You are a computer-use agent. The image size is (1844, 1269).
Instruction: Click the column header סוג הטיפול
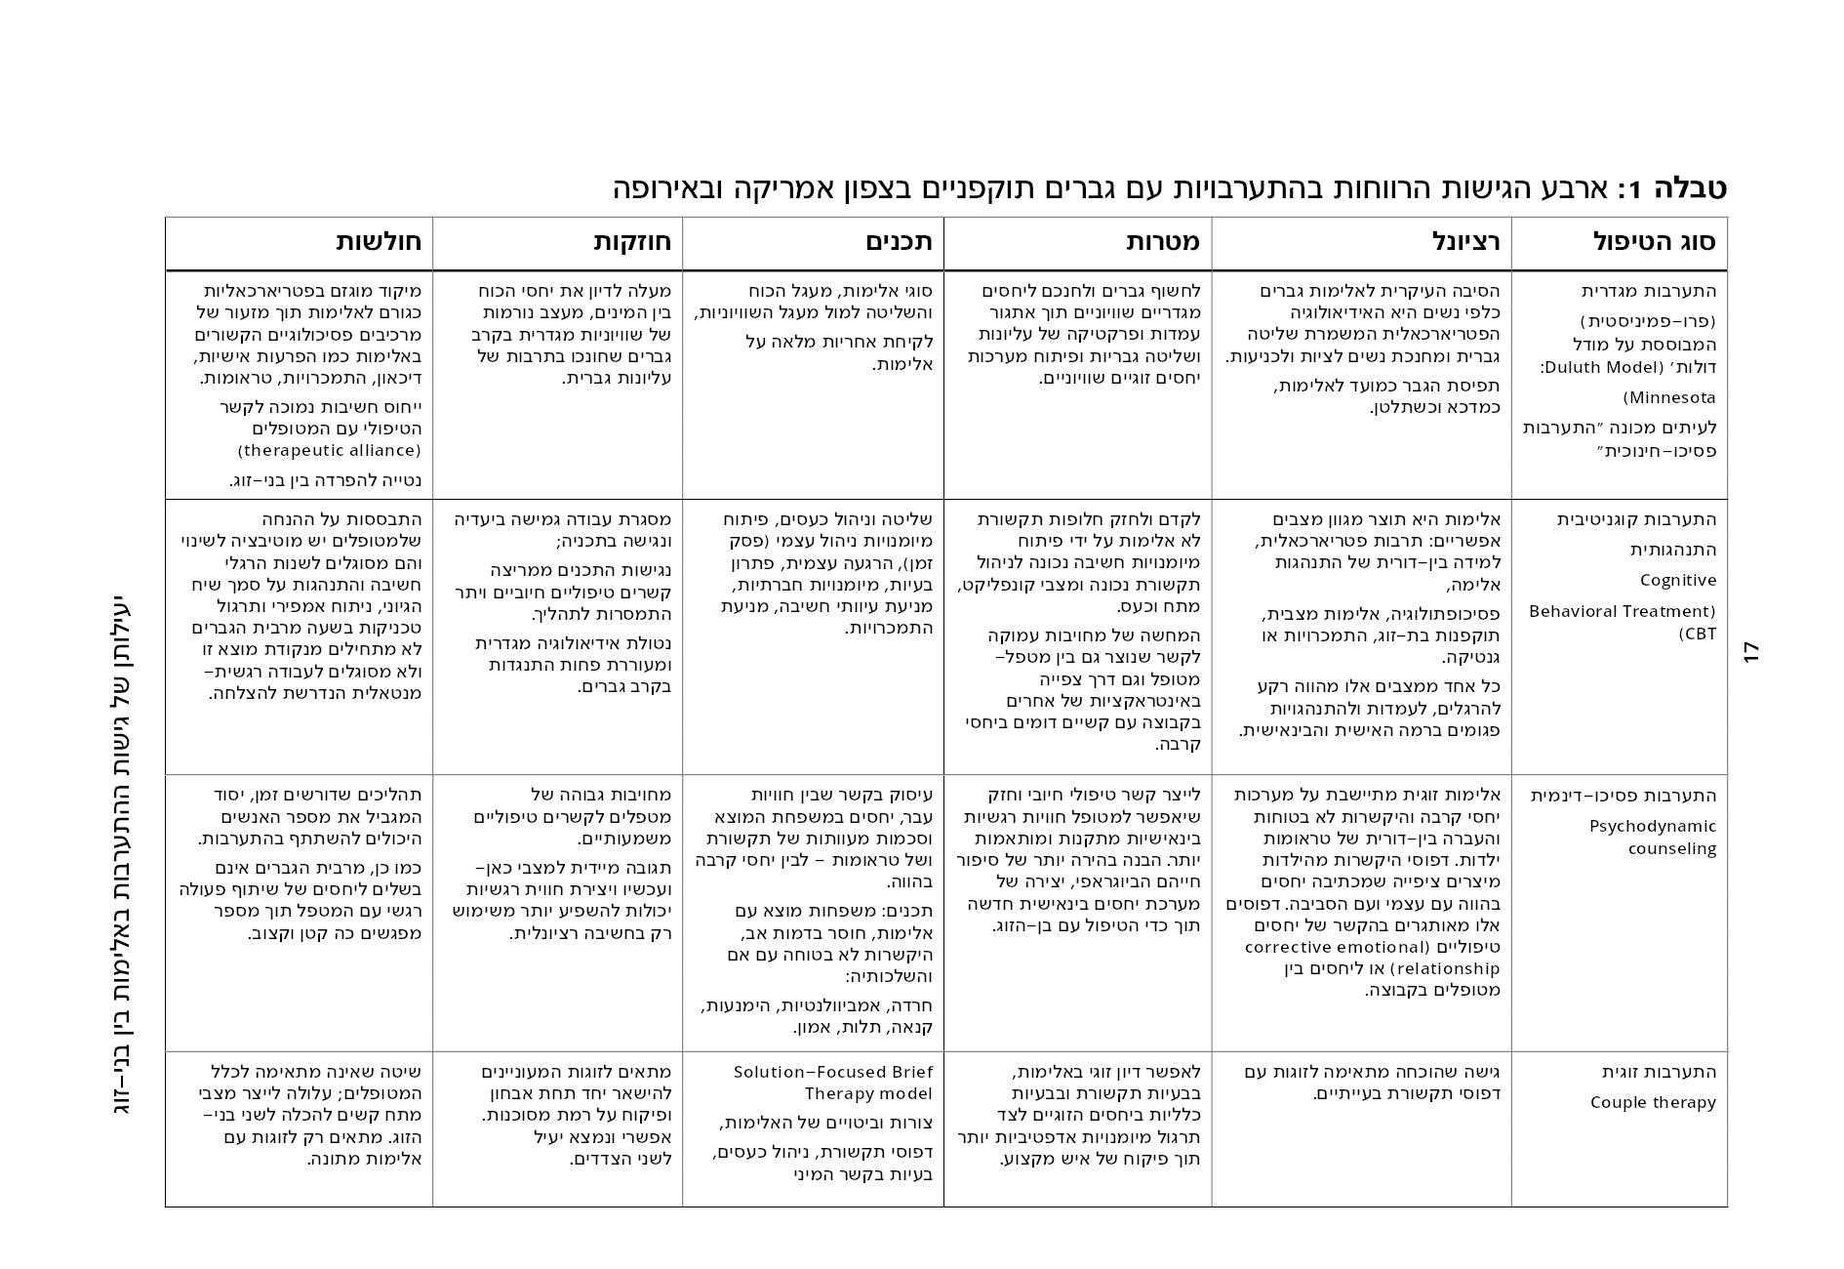(1654, 242)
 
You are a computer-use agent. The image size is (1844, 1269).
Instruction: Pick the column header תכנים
(900, 242)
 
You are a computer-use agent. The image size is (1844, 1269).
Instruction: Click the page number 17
(1751, 652)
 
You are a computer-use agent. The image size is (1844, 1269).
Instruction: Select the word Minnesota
(1669, 398)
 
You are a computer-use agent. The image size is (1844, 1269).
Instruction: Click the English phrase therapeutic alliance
(329, 451)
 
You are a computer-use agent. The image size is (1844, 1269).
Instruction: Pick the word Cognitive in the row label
(1678, 581)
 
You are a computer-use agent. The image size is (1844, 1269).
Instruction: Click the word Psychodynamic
(1653, 827)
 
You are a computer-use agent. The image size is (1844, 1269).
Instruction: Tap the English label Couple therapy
(1653, 1103)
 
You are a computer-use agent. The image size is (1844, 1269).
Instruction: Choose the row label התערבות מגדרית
(1649, 291)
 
